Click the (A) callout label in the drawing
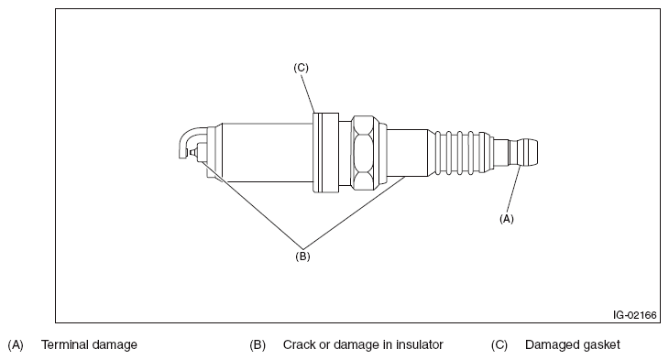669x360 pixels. click(507, 219)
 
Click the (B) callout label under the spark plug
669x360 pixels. click(302, 256)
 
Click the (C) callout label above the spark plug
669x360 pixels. click(301, 68)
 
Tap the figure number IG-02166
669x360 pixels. click(634, 315)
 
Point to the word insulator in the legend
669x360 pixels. click(420, 344)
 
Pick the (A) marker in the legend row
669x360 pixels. click(16, 344)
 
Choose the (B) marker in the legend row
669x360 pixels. click(258, 344)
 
